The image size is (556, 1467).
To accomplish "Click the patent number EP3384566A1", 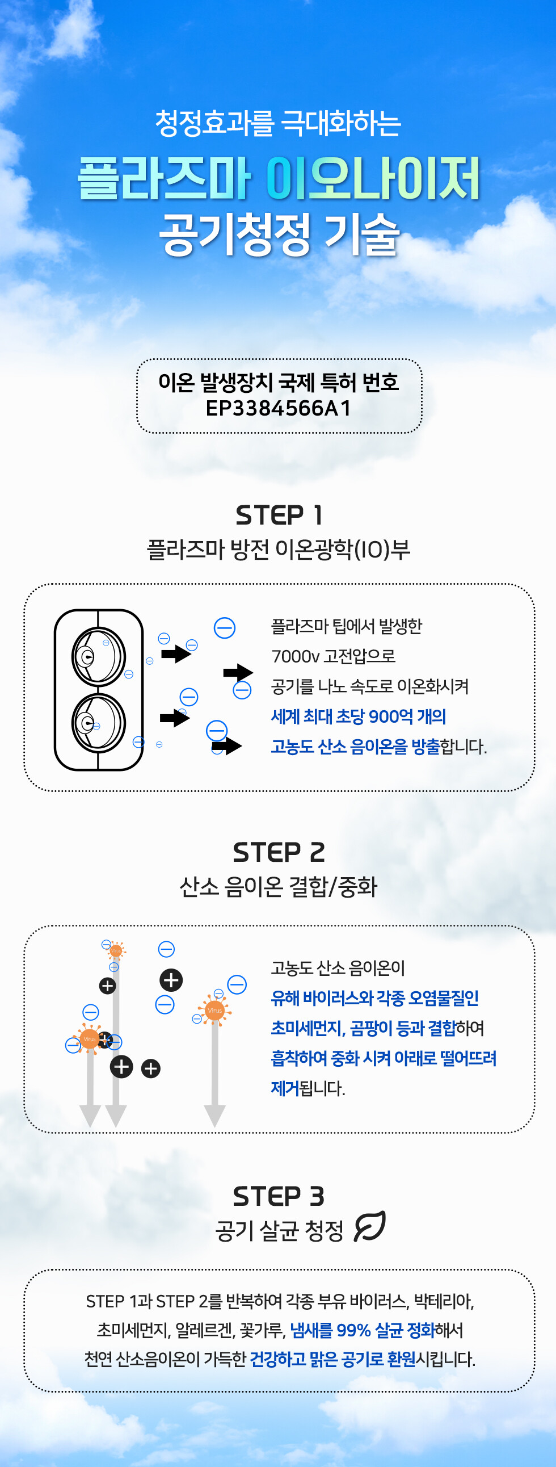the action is point(279,408).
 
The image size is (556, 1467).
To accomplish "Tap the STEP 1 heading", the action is point(279,515).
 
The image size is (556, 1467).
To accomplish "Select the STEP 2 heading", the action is point(279,853).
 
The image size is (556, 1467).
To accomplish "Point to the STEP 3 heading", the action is point(279,1197).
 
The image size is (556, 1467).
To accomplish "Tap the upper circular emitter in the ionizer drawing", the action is point(99,657).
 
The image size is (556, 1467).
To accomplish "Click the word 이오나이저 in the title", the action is point(373,178).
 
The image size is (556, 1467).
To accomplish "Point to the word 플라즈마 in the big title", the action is point(164,178).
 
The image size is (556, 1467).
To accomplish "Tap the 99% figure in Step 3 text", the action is point(353,1330).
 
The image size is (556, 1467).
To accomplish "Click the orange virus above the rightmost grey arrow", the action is point(214,1011).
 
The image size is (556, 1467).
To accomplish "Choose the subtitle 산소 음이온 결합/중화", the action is point(279,887).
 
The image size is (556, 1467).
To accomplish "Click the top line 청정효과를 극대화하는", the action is point(279,124).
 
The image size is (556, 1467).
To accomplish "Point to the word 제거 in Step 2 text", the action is point(285,1088).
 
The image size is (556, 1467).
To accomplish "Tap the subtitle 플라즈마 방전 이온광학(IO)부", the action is point(279,550).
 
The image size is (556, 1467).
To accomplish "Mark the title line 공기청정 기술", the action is point(279,234).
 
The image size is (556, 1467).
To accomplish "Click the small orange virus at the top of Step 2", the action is point(116,950).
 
